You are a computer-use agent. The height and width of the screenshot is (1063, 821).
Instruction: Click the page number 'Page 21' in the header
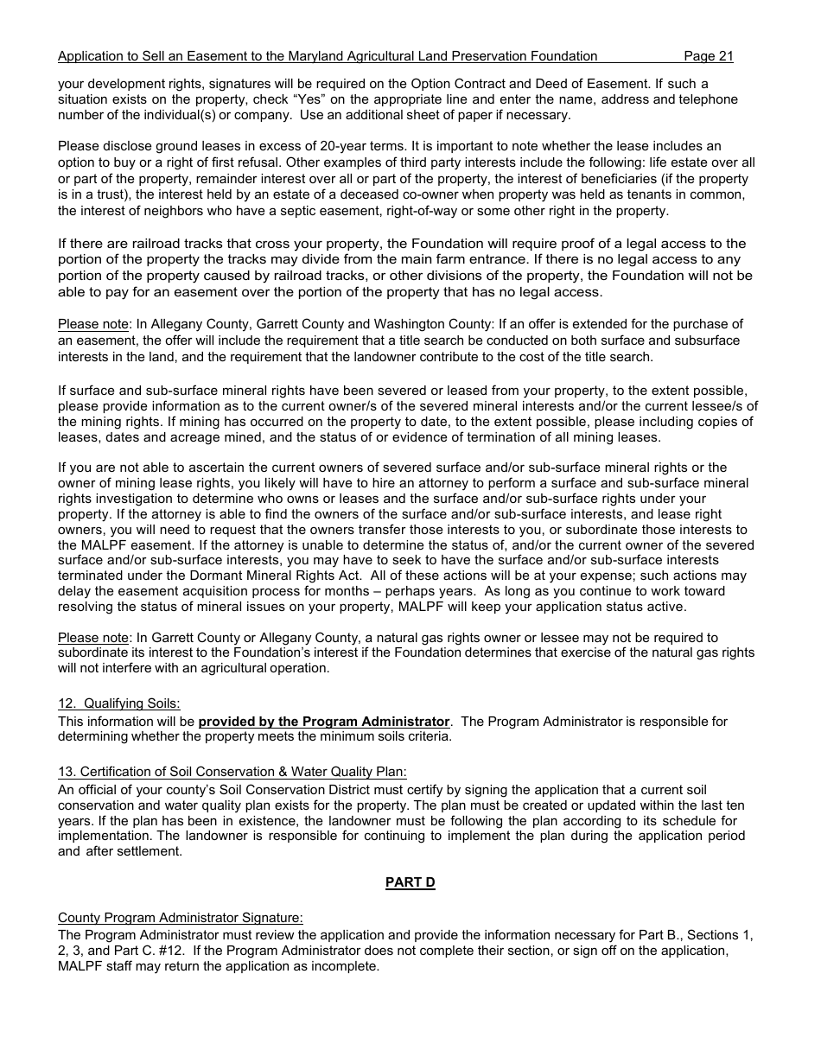coord(708,56)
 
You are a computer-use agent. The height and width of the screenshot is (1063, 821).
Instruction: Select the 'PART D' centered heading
coord(410,882)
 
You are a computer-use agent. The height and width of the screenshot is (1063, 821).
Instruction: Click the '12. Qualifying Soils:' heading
coord(119,703)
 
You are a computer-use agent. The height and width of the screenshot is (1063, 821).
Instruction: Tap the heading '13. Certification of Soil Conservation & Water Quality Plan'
coord(232,772)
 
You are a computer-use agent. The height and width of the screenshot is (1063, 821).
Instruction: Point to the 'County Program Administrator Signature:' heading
coord(181,918)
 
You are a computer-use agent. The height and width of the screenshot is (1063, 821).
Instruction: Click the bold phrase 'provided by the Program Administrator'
coord(324,722)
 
